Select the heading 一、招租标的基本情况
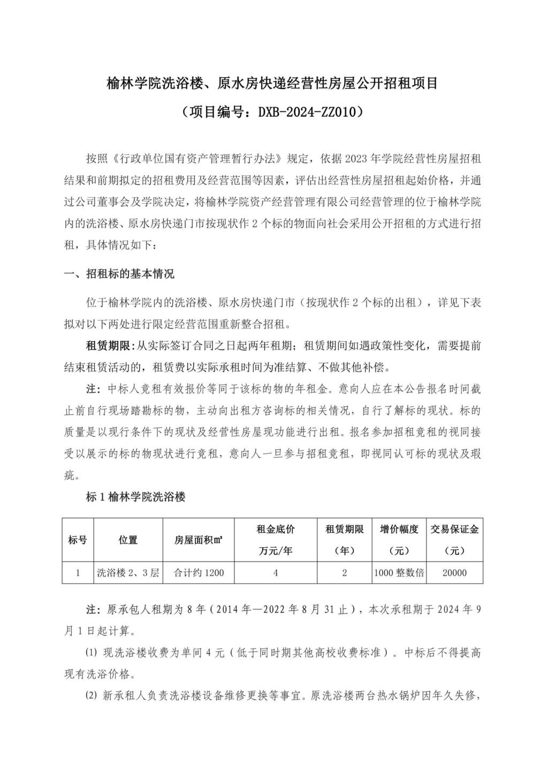click(119, 274)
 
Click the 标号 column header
click(78, 540)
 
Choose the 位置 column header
click(128, 540)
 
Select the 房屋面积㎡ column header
click(199, 540)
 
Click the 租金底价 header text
click(276, 529)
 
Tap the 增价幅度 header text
click(399, 529)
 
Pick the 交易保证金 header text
click(454, 529)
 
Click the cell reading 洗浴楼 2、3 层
click(128, 572)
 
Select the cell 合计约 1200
click(199, 572)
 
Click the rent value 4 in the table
click(276, 572)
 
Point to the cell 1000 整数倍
click(399, 572)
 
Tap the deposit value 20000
click(454, 572)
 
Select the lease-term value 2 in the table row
click(344, 572)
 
